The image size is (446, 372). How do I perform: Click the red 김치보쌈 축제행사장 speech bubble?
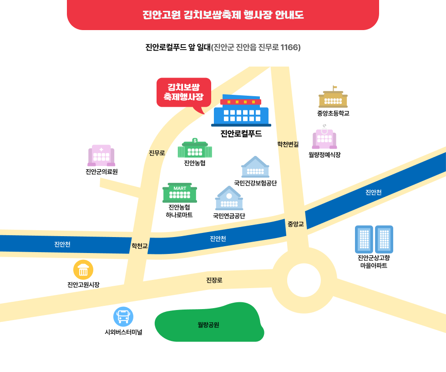(x=183, y=92)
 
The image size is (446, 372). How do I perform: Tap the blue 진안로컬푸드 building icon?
(x=241, y=111)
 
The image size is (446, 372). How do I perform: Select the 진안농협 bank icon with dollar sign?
(x=195, y=148)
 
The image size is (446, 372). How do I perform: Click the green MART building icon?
(x=180, y=193)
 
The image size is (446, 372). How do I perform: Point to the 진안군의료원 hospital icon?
(x=101, y=156)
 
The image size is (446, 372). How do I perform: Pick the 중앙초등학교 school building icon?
(x=333, y=98)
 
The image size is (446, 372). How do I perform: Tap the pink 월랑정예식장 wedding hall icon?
(x=324, y=138)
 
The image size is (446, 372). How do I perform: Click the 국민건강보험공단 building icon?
(x=255, y=167)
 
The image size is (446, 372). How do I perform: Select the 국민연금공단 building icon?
(x=229, y=198)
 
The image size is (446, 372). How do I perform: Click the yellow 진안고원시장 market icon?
(x=83, y=270)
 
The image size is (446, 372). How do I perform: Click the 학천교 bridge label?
(x=140, y=246)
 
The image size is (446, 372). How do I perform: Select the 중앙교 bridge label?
(x=295, y=224)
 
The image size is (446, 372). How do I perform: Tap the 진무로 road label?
(x=157, y=153)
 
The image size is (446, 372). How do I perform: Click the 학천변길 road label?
(x=288, y=144)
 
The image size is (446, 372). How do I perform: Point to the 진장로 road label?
(x=214, y=279)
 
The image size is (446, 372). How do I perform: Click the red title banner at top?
(x=223, y=15)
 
